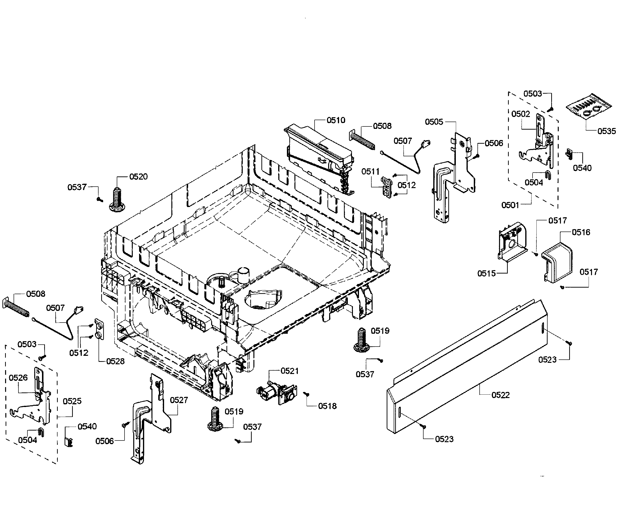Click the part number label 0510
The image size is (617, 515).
coord(336,120)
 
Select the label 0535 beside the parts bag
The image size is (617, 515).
coord(606,131)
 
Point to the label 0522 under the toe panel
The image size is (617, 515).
coord(500,395)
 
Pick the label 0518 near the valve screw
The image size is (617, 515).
coord(327,406)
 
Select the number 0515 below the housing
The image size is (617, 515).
coord(486,273)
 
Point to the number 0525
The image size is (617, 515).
coord(72,401)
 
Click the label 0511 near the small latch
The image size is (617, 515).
coord(370,171)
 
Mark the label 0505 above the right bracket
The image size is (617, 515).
coord(434,122)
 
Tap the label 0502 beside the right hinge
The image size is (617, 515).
coord(521,114)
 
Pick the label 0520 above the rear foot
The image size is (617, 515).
coord(138,177)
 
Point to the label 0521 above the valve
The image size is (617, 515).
coord(289,371)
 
